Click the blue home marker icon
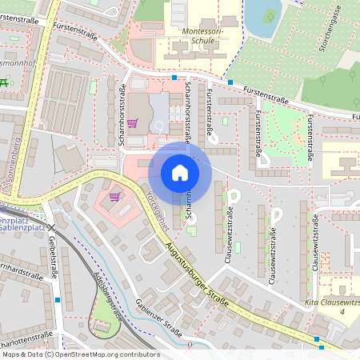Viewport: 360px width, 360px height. tap(179, 173)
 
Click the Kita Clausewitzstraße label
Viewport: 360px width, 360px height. tap(332, 303)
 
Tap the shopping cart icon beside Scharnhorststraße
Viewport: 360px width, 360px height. tap(132, 123)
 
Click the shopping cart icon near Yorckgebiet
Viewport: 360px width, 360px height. tap(114, 195)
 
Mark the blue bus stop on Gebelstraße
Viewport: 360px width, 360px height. tap(58, 300)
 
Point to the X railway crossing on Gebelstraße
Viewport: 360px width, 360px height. tap(50, 230)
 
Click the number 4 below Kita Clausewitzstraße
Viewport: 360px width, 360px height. tap(343, 312)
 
